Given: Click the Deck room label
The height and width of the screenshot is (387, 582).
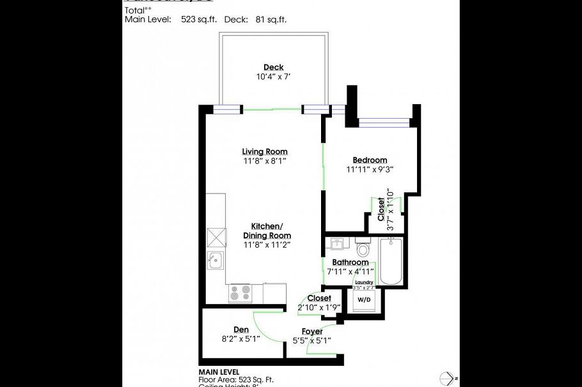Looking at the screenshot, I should [x=273, y=67].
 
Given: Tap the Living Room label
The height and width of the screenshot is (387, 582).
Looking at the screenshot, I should [x=264, y=151].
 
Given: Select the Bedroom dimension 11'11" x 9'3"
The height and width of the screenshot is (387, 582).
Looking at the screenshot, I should [x=369, y=170].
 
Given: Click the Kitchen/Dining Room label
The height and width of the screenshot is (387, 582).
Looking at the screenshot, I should [x=267, y=231].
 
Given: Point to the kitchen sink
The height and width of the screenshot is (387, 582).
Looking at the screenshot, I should [x=216, y=259].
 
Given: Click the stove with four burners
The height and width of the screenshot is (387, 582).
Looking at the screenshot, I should [x=241, y=292].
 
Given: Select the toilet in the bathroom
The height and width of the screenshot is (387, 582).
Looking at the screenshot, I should [x=363, y=247].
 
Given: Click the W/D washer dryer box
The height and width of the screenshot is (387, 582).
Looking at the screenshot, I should [x=363, y=299].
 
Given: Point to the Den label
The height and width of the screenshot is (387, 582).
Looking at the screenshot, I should [x=240, y=330].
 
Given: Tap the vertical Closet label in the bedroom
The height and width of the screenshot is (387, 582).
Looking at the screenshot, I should [x=382, y=209].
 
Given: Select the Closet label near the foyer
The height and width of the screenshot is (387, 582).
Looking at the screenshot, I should [x=319, y=298].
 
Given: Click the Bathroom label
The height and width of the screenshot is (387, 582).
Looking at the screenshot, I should [x=350, y=262].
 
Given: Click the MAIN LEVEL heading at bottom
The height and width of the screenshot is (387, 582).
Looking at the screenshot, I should [x=219, y=372].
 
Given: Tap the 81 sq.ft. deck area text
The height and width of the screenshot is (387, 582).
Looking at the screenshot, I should [x=269, y=20].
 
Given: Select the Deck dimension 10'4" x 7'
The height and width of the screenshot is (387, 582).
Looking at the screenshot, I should [x=273, y=77].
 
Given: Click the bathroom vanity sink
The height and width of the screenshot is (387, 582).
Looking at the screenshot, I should [x=336, y=244].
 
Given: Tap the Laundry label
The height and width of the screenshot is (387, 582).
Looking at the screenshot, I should [x=363, y=282].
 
